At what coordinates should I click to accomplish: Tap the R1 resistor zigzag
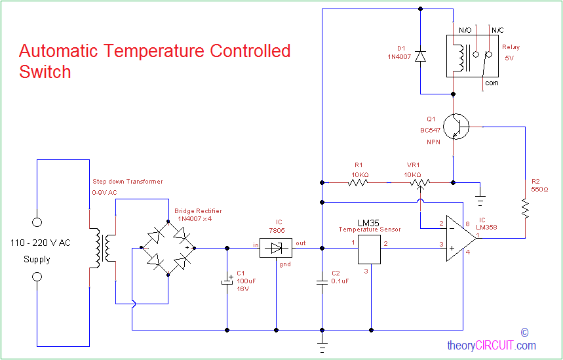pyautogui.click(x=358, y=182)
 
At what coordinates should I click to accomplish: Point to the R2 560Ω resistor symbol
pyautogui.click(x=525, y=209)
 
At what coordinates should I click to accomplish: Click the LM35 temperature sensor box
pyautogui.click(x=370, y=249)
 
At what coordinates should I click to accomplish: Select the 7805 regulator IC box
pyautogui.click(x=276, y=248)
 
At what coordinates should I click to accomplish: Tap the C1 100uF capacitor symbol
pyautogui.click(x=227, y=281)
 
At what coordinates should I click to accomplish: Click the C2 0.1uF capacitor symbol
pyautogui.click(x=322, y=281)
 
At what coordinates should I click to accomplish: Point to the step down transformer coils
pyautogui.click(x=102, y=248)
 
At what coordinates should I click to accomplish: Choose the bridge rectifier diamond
pyautogui.click(x=165, y=248)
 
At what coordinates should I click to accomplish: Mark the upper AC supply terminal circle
pyautogui.click(x=37, y=222)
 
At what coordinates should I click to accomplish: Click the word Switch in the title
pyautogui.click(x=45, y=71)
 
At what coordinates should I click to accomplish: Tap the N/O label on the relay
pyautogui.click(x=465, y=30)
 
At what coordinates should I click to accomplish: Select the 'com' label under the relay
pyautogui.click(x=492, y=83)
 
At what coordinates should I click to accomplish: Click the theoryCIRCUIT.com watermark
pyautogui.click(x=491, y=346)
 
